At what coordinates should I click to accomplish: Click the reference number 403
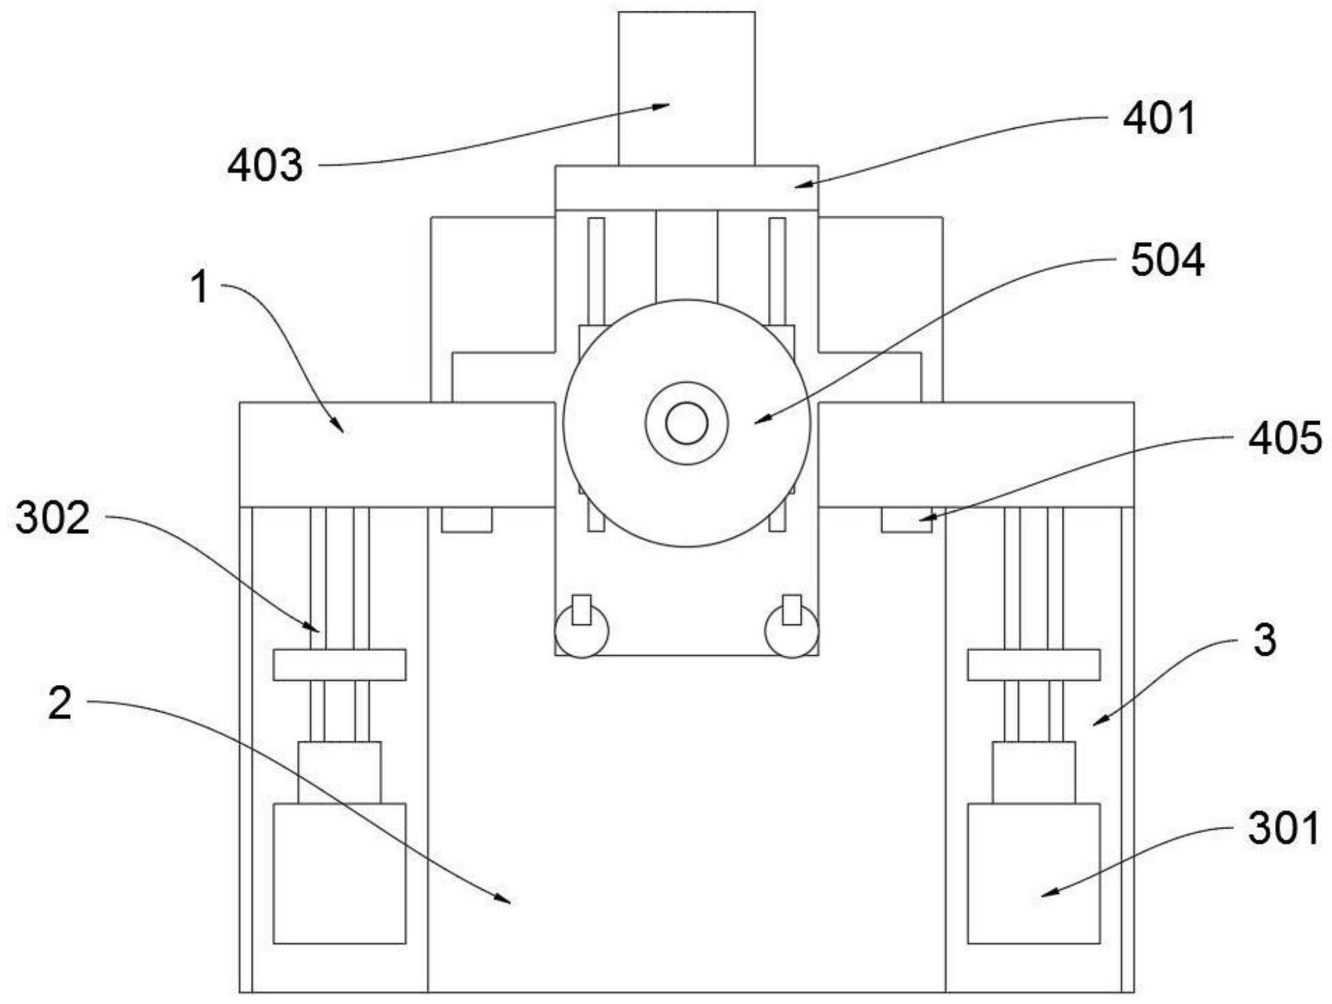pos(265,165)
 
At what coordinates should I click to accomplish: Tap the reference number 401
pos(1159,118)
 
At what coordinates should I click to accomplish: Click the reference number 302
pos(52,518)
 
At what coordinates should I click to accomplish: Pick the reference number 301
pos(1283,829)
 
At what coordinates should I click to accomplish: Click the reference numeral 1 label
pos(200,286)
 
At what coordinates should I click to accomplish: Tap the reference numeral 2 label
pos(59,703)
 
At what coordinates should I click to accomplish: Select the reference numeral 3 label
pos(1265,640)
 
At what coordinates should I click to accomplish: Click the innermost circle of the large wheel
pos(686,422)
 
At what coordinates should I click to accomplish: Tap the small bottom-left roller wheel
pos(582,631)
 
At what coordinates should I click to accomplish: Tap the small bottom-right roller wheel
pos(792,631)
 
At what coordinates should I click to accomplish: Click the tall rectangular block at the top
pos(686,88)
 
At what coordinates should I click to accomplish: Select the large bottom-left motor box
pos(339,873)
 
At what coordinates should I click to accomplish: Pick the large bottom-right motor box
pos(1033,873)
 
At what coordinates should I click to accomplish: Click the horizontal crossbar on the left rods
pos(339,665)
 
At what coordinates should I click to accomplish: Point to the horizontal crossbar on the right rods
pos(1033,665)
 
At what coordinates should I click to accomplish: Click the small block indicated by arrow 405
pos(906,520)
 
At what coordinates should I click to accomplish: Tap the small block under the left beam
pos(467,520)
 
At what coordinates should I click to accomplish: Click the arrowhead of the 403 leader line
pos(663,105)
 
